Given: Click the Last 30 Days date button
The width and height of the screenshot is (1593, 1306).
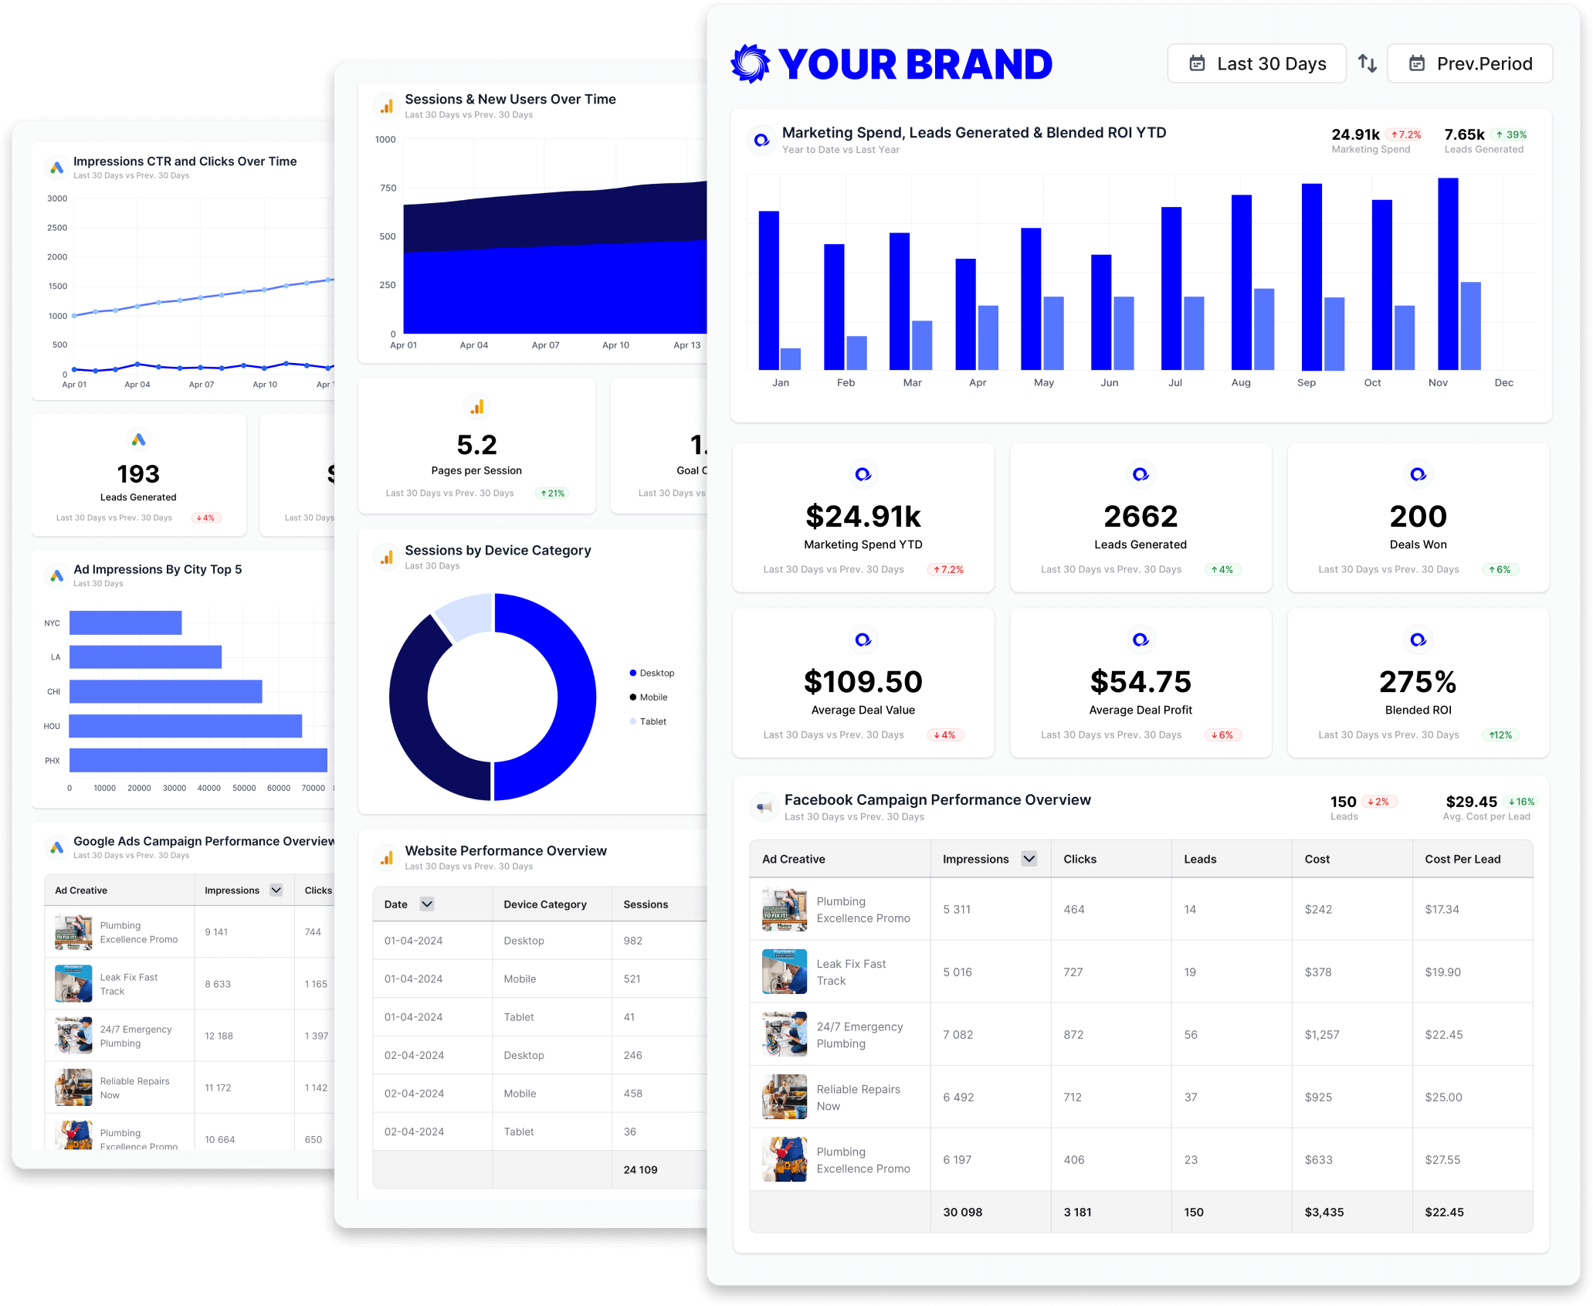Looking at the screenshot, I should [x=1256, y=63].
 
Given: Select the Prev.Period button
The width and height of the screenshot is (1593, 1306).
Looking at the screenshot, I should [x=1469, y=63].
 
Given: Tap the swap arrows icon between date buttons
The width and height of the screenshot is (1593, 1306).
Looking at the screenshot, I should [x=1367, y=63].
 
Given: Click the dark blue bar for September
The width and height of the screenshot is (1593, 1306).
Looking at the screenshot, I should [x=1311, y=276].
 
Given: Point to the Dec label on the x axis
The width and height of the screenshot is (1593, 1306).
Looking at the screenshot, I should [x=1503, y=383].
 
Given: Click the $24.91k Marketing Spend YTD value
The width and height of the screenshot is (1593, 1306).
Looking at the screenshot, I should [x=863, y=517].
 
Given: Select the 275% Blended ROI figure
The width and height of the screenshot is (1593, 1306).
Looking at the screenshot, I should [x=1418, y=682].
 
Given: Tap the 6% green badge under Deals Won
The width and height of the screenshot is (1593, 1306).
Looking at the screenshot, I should [x=1500, y=570].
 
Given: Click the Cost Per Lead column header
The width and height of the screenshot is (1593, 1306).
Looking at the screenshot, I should [x=1463, y=859].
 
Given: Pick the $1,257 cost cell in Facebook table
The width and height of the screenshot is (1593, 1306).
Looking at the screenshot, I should [x=1322, y=1035].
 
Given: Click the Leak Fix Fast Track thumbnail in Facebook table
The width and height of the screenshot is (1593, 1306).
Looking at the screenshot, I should [x=784, y=972].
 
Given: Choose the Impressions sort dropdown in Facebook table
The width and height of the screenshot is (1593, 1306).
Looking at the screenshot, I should [x=1029, y=859].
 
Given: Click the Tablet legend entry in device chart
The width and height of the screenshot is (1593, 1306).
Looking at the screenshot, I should [x=652, y=721].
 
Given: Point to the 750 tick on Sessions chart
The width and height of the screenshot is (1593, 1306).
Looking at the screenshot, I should [x=388, y=188].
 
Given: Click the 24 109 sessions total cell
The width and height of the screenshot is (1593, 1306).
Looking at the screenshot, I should [x=640, y=1170].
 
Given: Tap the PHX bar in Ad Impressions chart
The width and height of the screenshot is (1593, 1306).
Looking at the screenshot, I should [x=198, y=761].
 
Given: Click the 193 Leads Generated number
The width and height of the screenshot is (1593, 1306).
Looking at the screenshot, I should [x=138, y=474].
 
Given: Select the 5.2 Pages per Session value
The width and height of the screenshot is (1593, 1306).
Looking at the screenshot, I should [x=476, y=446].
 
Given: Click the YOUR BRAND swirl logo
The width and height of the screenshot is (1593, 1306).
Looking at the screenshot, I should [x=751, y=63].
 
